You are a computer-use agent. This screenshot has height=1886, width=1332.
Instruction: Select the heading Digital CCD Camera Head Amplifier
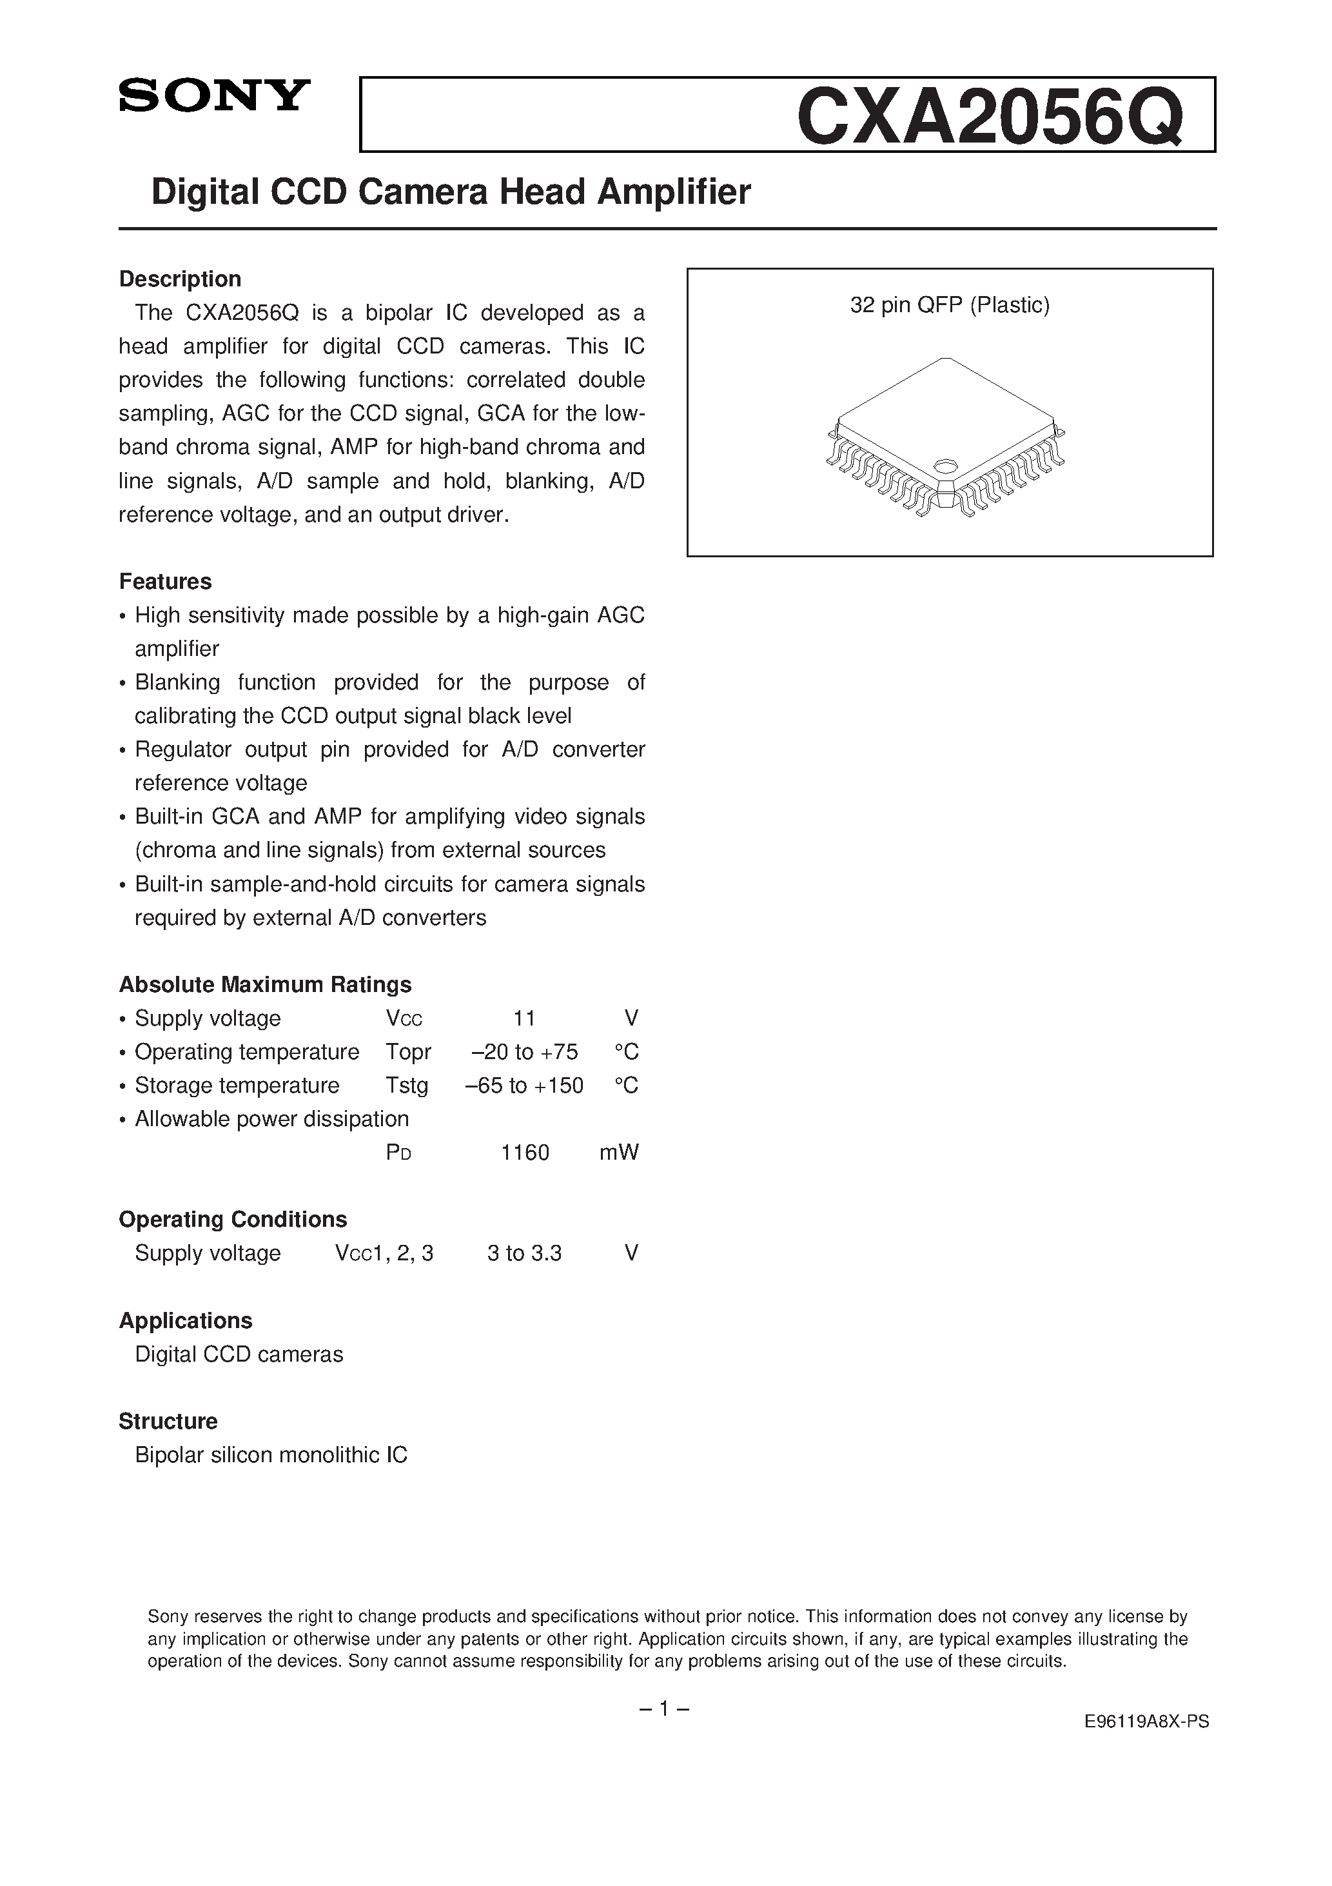[x=451, y=192]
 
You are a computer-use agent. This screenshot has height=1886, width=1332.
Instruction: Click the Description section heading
[x=180, y=279]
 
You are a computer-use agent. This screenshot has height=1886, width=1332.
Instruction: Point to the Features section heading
[x=165, y=582]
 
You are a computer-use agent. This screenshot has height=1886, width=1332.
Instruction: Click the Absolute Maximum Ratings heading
[x=265, y=984]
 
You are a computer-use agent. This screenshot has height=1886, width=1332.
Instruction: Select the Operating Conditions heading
[x=232, y=1219]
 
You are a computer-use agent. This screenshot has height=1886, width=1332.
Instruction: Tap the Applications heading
[x=186, y=1320]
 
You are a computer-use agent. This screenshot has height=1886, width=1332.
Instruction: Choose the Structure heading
[x=168, y=1421]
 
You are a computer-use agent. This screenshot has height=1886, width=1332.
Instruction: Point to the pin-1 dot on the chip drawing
[x=945, y=465]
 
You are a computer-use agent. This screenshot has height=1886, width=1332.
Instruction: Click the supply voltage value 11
[x=524, y=1018]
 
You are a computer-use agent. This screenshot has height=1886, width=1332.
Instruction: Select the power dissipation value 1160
[x=525, y=1153]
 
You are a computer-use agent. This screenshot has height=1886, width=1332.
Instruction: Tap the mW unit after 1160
[x=618, y=1153]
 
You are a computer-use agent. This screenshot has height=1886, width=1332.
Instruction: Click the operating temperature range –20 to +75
[x=525, y=1052]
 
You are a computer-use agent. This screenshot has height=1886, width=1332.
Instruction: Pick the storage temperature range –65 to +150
[x=524, y=1086]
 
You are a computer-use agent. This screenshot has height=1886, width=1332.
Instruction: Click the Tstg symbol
[x=407, y=1086]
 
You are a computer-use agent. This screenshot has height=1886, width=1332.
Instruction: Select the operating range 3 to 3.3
[x=524, y=1253]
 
